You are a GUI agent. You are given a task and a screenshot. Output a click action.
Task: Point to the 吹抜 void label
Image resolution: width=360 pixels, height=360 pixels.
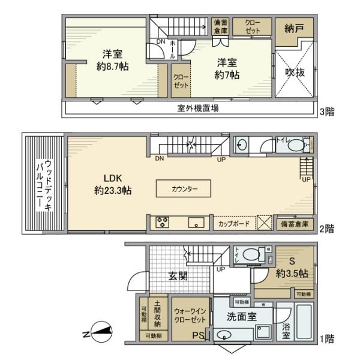pyautogui.click(x=295, y=72)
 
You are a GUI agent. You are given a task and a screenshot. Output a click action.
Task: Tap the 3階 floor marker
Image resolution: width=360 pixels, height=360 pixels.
pyautogui.click(x=327, y=112)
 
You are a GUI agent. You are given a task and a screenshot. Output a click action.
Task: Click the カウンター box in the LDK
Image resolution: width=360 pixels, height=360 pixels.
pyautogui.click(x=184, y=188)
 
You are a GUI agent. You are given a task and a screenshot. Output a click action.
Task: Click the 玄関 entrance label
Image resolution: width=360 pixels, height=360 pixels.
pyautogui.click(x=178, y=276)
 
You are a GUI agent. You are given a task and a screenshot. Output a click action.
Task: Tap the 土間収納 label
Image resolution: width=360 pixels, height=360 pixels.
pyautogui.click(x=157, y=313)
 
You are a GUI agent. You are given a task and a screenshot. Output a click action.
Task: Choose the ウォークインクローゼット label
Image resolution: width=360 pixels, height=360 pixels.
pyautogui.click(x=190, y=316)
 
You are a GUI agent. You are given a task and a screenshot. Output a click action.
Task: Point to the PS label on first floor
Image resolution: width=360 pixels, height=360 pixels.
pyautogui.click(x=197, y=336)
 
